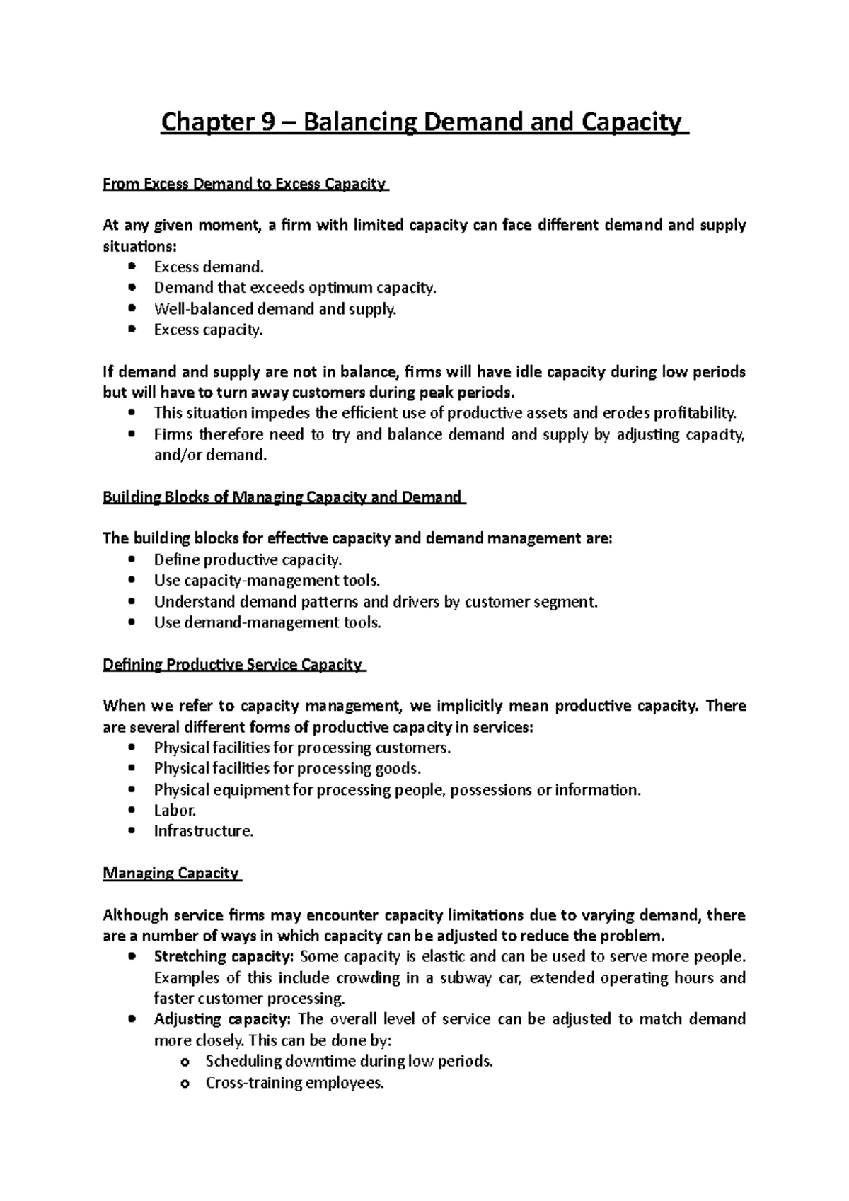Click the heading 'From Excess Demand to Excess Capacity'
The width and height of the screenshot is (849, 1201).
pos(245,185)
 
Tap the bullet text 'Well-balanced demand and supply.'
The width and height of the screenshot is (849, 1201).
pos(275,309)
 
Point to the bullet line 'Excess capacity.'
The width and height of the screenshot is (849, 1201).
pos(208,330)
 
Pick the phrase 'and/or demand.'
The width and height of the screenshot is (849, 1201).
pos(211,455)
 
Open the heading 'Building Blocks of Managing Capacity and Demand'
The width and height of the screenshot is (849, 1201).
pos(282,497)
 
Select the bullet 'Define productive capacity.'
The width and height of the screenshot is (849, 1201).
pos(248,560)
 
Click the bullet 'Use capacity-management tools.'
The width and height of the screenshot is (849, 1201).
pos(267,581)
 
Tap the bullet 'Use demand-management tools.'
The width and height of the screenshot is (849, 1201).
pos(267,622)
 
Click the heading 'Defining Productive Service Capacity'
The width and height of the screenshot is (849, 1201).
pos(233,665)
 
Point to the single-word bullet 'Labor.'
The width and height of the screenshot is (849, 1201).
pos(175,811)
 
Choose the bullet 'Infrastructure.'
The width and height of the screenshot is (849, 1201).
pos(204,831)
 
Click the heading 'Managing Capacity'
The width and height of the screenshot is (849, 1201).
pos(171,874)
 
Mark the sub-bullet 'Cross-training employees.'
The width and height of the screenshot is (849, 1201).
pos(294,1083)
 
